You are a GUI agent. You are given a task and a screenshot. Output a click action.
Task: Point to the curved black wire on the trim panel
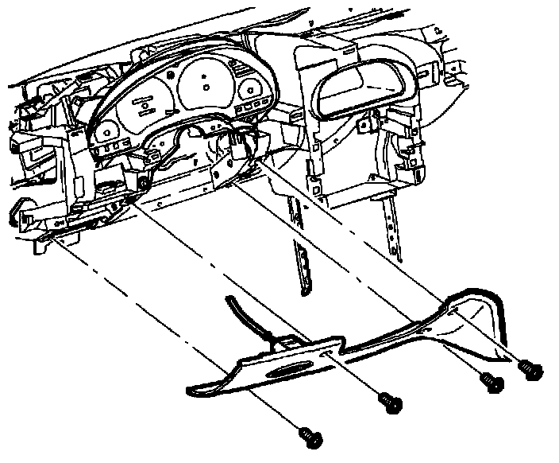(x=242, y=314)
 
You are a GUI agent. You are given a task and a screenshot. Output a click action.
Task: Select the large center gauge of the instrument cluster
(x=204, y=84)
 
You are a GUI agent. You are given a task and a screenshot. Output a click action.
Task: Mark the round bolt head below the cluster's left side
(x=141, y=185)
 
